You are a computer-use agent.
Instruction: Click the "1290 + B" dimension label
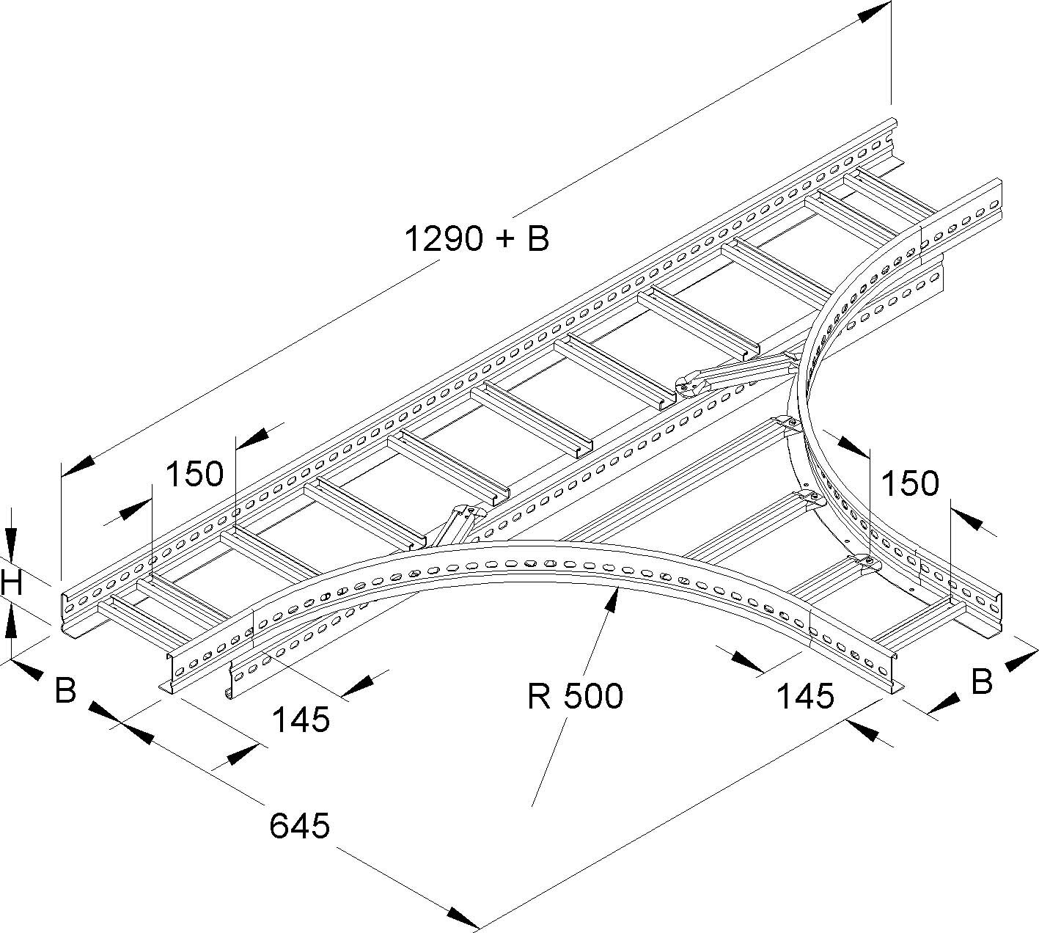click(477, 238)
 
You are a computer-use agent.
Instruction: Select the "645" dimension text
click(300, 827)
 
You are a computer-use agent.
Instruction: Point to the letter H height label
click(12, 583)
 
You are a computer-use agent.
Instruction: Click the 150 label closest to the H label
click(194, 475)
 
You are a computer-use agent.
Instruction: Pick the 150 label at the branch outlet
click(910, 483)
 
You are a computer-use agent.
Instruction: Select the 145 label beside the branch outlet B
click(805, 695)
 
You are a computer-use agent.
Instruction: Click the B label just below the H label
click(66, 690)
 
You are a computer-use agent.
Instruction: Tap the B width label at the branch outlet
click(982, 681)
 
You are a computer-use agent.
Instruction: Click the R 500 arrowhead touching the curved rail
click(614, 599)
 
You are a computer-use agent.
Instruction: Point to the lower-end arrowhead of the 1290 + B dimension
click(78, 466)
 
